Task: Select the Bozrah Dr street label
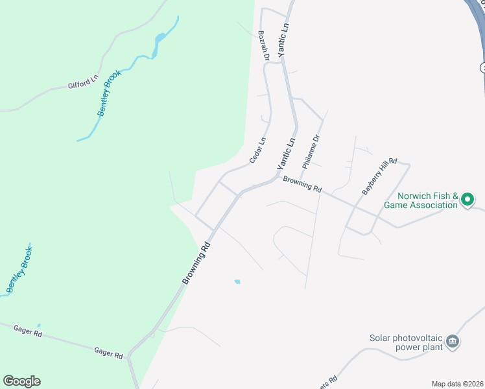(263, 45)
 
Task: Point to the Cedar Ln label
(258, 150)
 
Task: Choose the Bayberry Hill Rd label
(379, 175)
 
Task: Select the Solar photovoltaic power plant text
(406, 342)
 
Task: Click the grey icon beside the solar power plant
(453, 341)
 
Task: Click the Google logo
(21, 381)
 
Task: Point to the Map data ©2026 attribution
(457, 384)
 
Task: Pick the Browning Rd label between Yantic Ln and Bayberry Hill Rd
(302, 185)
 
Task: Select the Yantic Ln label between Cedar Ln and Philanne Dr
(286, 154)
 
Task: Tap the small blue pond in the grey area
(237, 281)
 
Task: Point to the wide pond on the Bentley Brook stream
(158, 47)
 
